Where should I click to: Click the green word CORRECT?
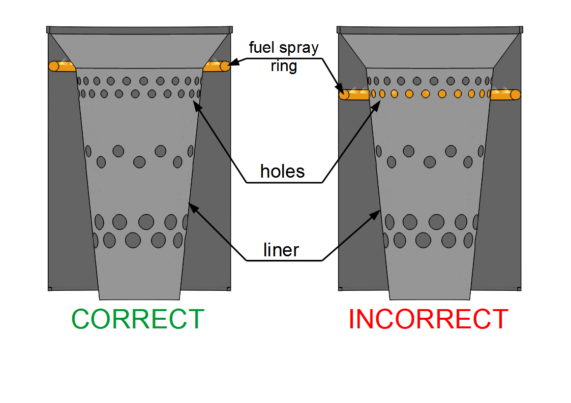[138, 319]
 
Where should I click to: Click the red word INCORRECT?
[428, 319]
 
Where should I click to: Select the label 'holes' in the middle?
[282, 172]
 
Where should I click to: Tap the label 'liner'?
[281, 250]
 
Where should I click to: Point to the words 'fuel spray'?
[283, 48]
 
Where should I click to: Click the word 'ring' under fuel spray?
[284, 65]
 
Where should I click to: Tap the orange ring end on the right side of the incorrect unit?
[515, 94]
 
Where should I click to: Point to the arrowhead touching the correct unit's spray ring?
[232, 64]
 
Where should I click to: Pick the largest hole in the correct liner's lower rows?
[146, 222]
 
